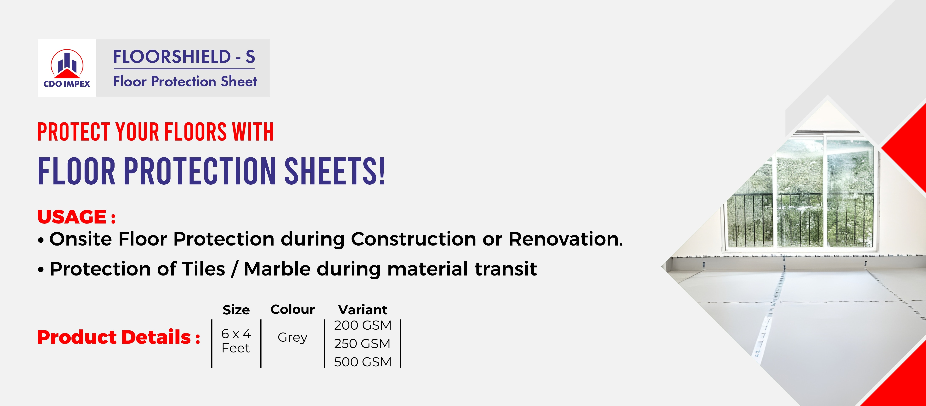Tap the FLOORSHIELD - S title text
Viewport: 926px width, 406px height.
click(184, 57)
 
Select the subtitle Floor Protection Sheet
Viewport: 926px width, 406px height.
click(185, 81)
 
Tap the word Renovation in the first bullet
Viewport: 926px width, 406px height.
click(566, 239)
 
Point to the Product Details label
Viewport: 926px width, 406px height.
click(119, 337)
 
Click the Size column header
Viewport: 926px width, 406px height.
click(236, 310)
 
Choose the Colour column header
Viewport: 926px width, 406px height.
click(293, 310)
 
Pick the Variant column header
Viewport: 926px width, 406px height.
click(363, 310)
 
